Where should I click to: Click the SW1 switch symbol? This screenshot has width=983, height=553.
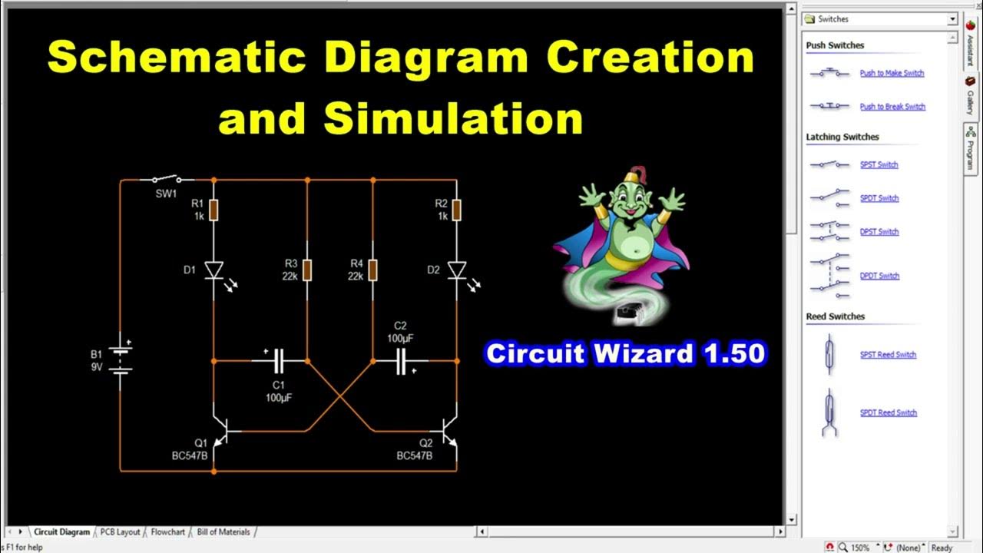(x=167, y=178)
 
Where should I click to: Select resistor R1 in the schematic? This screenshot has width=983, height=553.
(x=214, y=210)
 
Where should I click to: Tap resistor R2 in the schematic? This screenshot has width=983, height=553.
(x=457, y=210)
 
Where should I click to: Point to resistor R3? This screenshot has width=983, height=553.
(x=307, y=270)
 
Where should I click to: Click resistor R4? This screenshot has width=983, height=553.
(x=373, y=270)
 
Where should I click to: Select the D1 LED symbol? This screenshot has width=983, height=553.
(x=214, y=270)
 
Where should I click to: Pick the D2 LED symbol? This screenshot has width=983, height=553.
(x=457, y=270)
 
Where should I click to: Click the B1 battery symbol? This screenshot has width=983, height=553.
(x=121, y=359)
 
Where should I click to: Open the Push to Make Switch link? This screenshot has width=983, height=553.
(x=892, y=74)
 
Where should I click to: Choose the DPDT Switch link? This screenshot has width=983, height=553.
(x=879, y=276)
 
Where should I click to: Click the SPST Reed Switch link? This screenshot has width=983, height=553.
(x=888, y=355)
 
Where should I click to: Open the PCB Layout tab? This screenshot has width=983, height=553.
(x=120, y=531)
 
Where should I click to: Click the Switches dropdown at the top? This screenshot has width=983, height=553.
(x=880, y=19)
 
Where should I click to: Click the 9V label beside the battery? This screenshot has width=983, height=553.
(x=97, y=366)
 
